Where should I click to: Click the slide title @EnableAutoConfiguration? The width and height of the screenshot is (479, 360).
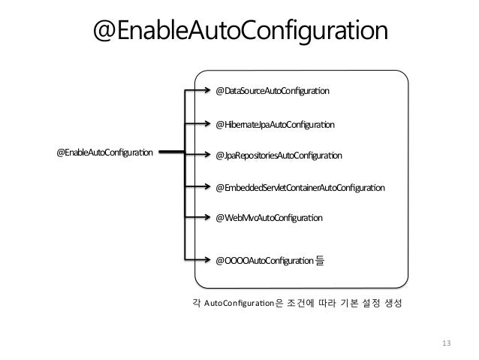pyautogui.click(x=239, y=32)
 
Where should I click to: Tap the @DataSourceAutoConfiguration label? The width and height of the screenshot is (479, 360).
pyautogui.click(x=273, y=91)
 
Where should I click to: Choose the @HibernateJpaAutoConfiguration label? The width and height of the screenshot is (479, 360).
pyautogui.click(x=275, y=124)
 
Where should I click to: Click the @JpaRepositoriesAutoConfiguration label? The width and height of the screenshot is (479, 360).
pyautogui.click(x=279, y=156)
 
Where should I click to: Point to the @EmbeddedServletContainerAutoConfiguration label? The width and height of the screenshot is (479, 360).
pyautogui.click(x=300, y=186)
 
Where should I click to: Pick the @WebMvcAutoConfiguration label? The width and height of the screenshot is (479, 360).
pyautogui.click(x=269, y=218)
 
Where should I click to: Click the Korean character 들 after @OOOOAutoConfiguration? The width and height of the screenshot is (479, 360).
pyautogui.click(x=321, y=262)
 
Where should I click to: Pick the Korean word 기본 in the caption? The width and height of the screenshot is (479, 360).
pyautogui.click(x=341, y=304)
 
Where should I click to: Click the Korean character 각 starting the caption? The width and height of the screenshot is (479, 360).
pyautogui.click(x=197, y=304)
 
